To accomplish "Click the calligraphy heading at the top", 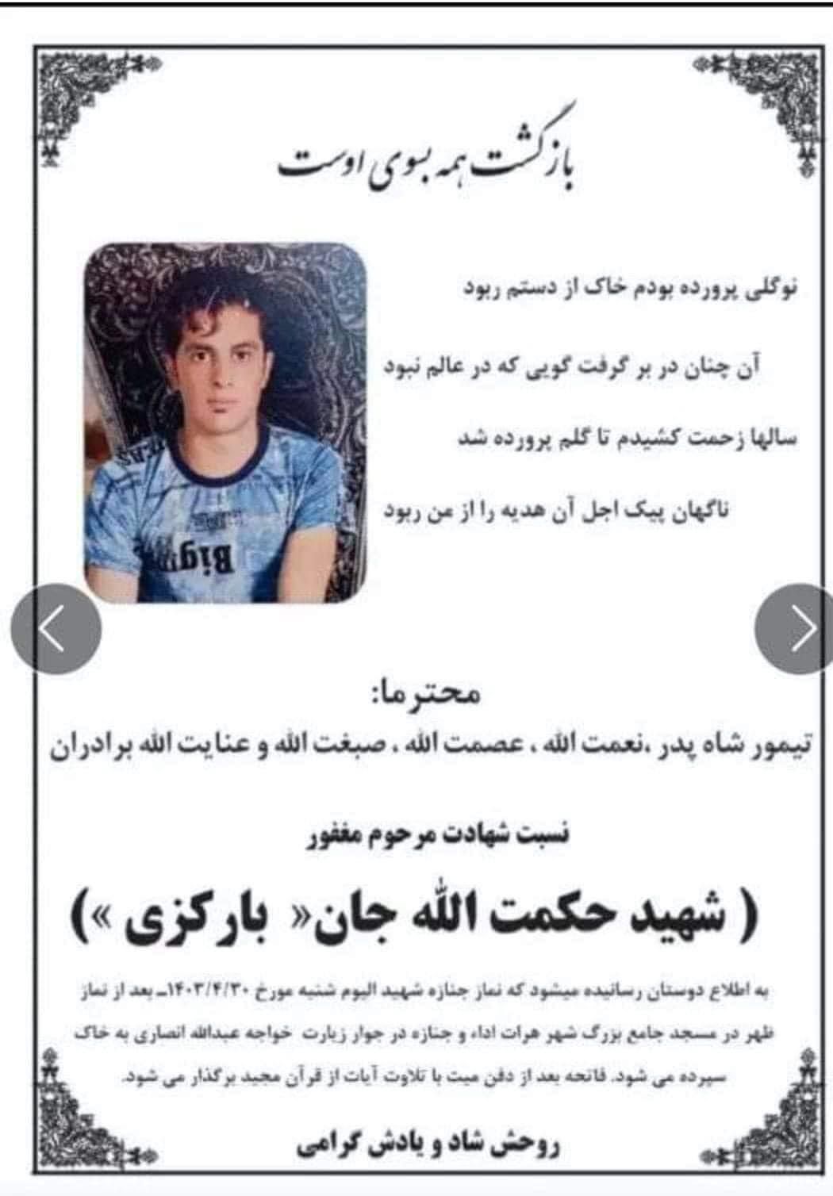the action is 428,159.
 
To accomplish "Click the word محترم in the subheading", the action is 453,696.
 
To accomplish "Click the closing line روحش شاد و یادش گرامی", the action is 428,1144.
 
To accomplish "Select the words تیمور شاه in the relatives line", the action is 733,746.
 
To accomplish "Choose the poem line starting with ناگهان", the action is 555,510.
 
